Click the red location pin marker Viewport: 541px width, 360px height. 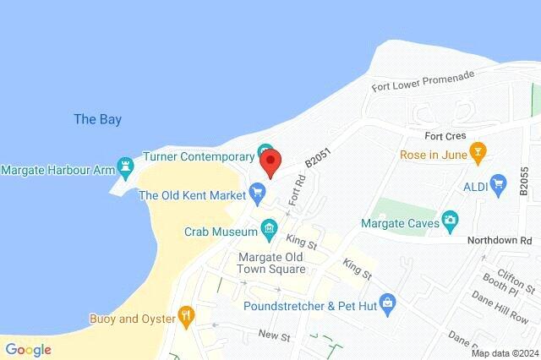click(270, 161)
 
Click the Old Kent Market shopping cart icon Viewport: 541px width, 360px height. click(257, 194)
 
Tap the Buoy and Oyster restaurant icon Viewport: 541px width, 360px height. click(186, 318)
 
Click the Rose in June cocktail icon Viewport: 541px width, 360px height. click(478, 154)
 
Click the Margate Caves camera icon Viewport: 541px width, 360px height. click(451, 221)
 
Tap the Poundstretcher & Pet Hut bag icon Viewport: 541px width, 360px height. click(387, 301)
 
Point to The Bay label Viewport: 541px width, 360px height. click(97, 119)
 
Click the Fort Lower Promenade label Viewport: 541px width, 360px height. click(422, 81)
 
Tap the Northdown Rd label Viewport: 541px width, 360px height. click(504, 241)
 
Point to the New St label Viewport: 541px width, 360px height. click(275, 335)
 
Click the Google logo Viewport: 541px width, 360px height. click(28, 349)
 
